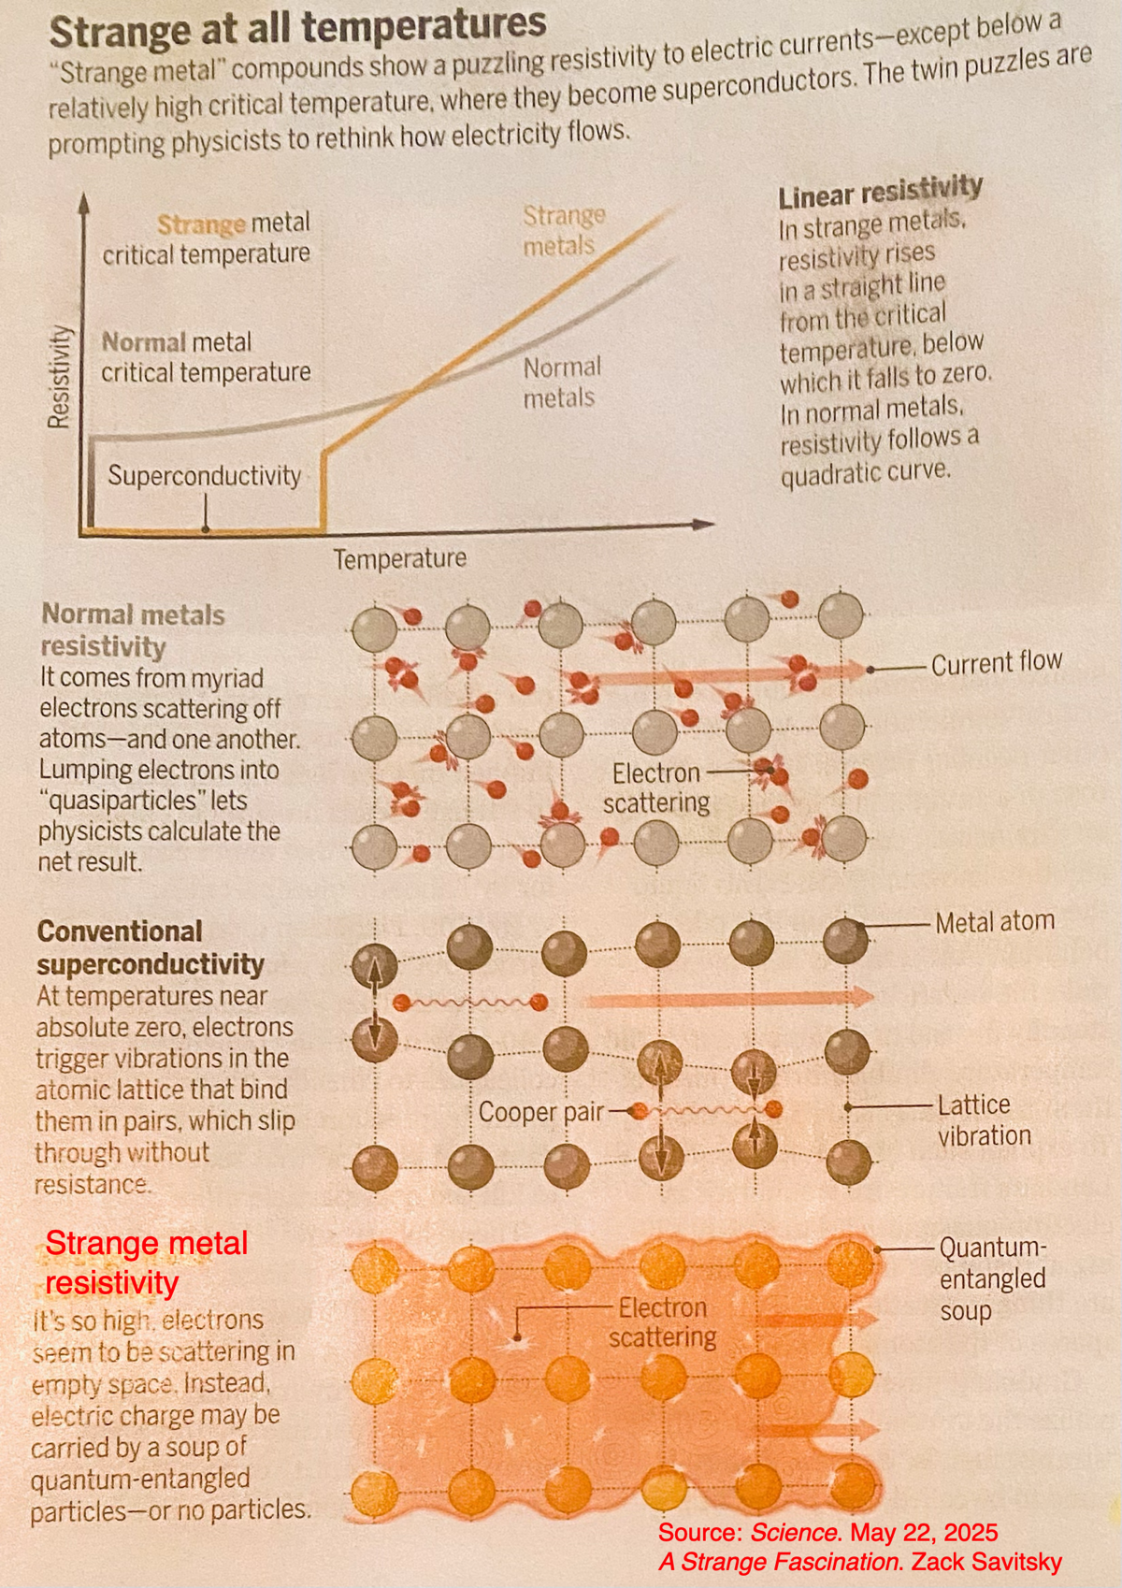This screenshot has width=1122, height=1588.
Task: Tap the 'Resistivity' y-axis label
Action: (59, 377)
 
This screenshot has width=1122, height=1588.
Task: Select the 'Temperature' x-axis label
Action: (400, 559)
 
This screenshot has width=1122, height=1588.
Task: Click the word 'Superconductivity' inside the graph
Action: (204, 476)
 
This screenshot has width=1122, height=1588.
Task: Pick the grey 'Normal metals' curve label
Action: (561, 383)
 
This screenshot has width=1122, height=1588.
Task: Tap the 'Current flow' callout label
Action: (996, 663)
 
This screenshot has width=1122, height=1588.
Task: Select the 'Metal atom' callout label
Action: (994, 922)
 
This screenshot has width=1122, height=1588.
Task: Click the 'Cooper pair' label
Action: (540, 1112)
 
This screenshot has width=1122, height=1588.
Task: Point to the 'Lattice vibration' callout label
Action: (984, 1120)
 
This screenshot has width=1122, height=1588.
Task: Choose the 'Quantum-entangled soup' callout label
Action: (992, 1278)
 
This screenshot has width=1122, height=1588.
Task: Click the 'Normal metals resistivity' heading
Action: (132, 630)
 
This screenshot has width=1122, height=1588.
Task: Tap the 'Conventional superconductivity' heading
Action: (150, 947)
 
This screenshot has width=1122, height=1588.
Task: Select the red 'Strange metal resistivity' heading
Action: (146, 1263)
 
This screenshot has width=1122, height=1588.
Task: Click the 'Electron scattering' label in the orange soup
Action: (662, 1322)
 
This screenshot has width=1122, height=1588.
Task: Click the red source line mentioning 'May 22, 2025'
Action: (827, 1533)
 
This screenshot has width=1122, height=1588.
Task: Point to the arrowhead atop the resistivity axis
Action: (84, 200)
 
